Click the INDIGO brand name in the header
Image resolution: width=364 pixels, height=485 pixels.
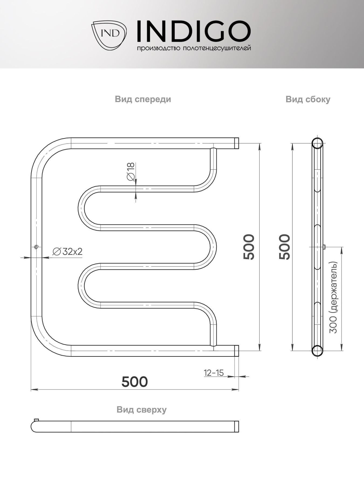point(194,32)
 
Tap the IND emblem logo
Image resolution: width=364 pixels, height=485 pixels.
point(109,35)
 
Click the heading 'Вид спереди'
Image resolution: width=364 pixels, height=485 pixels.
point(143,99)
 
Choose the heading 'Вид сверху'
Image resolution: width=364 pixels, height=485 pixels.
point(142,410)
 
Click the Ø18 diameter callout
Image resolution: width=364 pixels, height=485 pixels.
point(131,172)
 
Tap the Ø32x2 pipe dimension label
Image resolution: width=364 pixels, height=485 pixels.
point(68,252)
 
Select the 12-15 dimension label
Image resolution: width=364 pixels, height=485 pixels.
point(214,373)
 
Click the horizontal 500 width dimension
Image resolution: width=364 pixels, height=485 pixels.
point(135,382)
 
